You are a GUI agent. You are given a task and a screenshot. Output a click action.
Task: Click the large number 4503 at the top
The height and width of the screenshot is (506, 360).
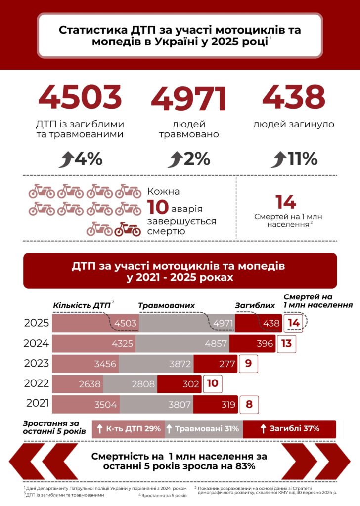[80, 97]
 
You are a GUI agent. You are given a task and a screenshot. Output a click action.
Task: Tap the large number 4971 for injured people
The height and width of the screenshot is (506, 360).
[189, 98]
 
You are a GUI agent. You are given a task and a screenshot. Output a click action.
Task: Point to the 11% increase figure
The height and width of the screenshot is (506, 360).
[302, 159]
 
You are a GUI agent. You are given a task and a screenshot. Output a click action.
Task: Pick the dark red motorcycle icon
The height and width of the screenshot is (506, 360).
[128, 229]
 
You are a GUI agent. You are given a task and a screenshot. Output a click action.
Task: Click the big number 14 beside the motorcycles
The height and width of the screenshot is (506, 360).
[286, 202]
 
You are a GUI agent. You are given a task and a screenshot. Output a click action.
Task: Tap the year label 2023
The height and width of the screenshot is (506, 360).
[37, 364]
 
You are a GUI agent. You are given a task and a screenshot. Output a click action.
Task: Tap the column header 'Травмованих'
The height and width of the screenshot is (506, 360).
[166, 306]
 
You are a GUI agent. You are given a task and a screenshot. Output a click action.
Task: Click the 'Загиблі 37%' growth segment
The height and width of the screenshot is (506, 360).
[289, 428]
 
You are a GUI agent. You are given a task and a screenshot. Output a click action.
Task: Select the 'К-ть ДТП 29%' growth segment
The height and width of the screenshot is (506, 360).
[129, 428]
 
